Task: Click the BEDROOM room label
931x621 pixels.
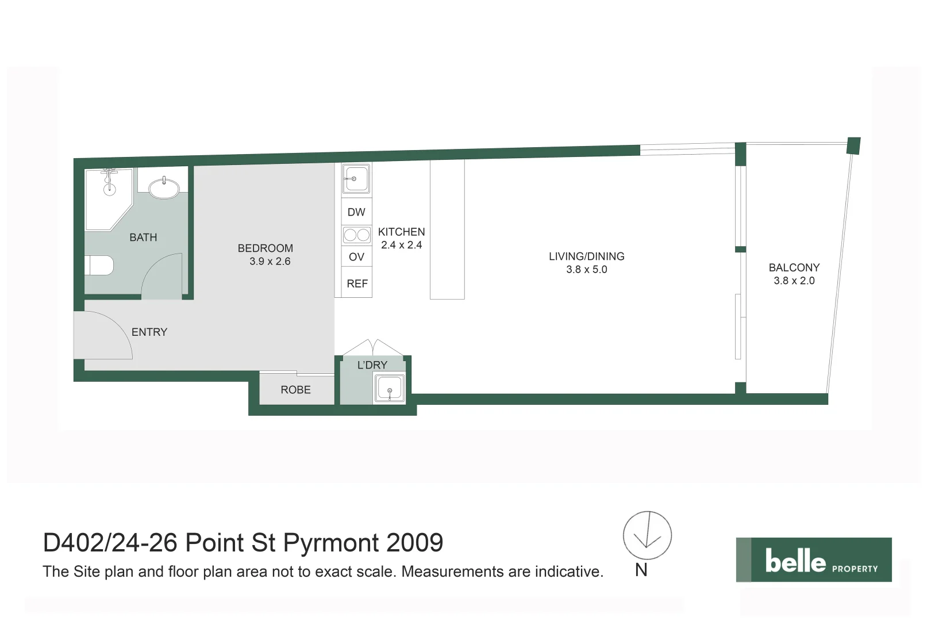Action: pyautogui.click(x=265, y=248)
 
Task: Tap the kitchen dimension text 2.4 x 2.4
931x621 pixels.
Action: pyautogui.click(x=401, y=245)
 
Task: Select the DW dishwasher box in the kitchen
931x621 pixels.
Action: pyautogui.click(x=356, y=212)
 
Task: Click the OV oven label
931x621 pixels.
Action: pyautogui.click(x=356, y=257)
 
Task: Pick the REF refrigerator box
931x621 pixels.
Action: pyautogui.click(x=357, y=283)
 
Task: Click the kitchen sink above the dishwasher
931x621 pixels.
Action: pyautogui.click(x=356, y=179)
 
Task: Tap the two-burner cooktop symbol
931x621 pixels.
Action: pyautogui.click(x=357, y=235)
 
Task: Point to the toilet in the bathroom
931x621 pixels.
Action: pyautogui.click(x=100, y=266)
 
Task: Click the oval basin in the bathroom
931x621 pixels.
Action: pyautogui.click(x=164, y=188)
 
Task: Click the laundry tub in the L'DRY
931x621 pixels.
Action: pyautogui.click(x=390, y=388)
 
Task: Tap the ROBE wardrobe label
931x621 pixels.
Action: pyautogui.click(x=295, y=390)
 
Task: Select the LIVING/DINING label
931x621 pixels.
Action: pyautogui.click(x=586, y=256)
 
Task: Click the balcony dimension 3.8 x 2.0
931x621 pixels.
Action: pyautogui.click(x=794, y=281)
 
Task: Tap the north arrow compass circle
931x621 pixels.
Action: pyautogui.click(x=647, y=535)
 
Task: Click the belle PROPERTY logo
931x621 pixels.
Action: pyautogui.click(x=813, y=559)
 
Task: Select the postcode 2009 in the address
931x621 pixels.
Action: pyautogui.click(x=414, y=543)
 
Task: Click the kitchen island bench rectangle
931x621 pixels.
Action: pyautogui.click(x=447, y=230)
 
